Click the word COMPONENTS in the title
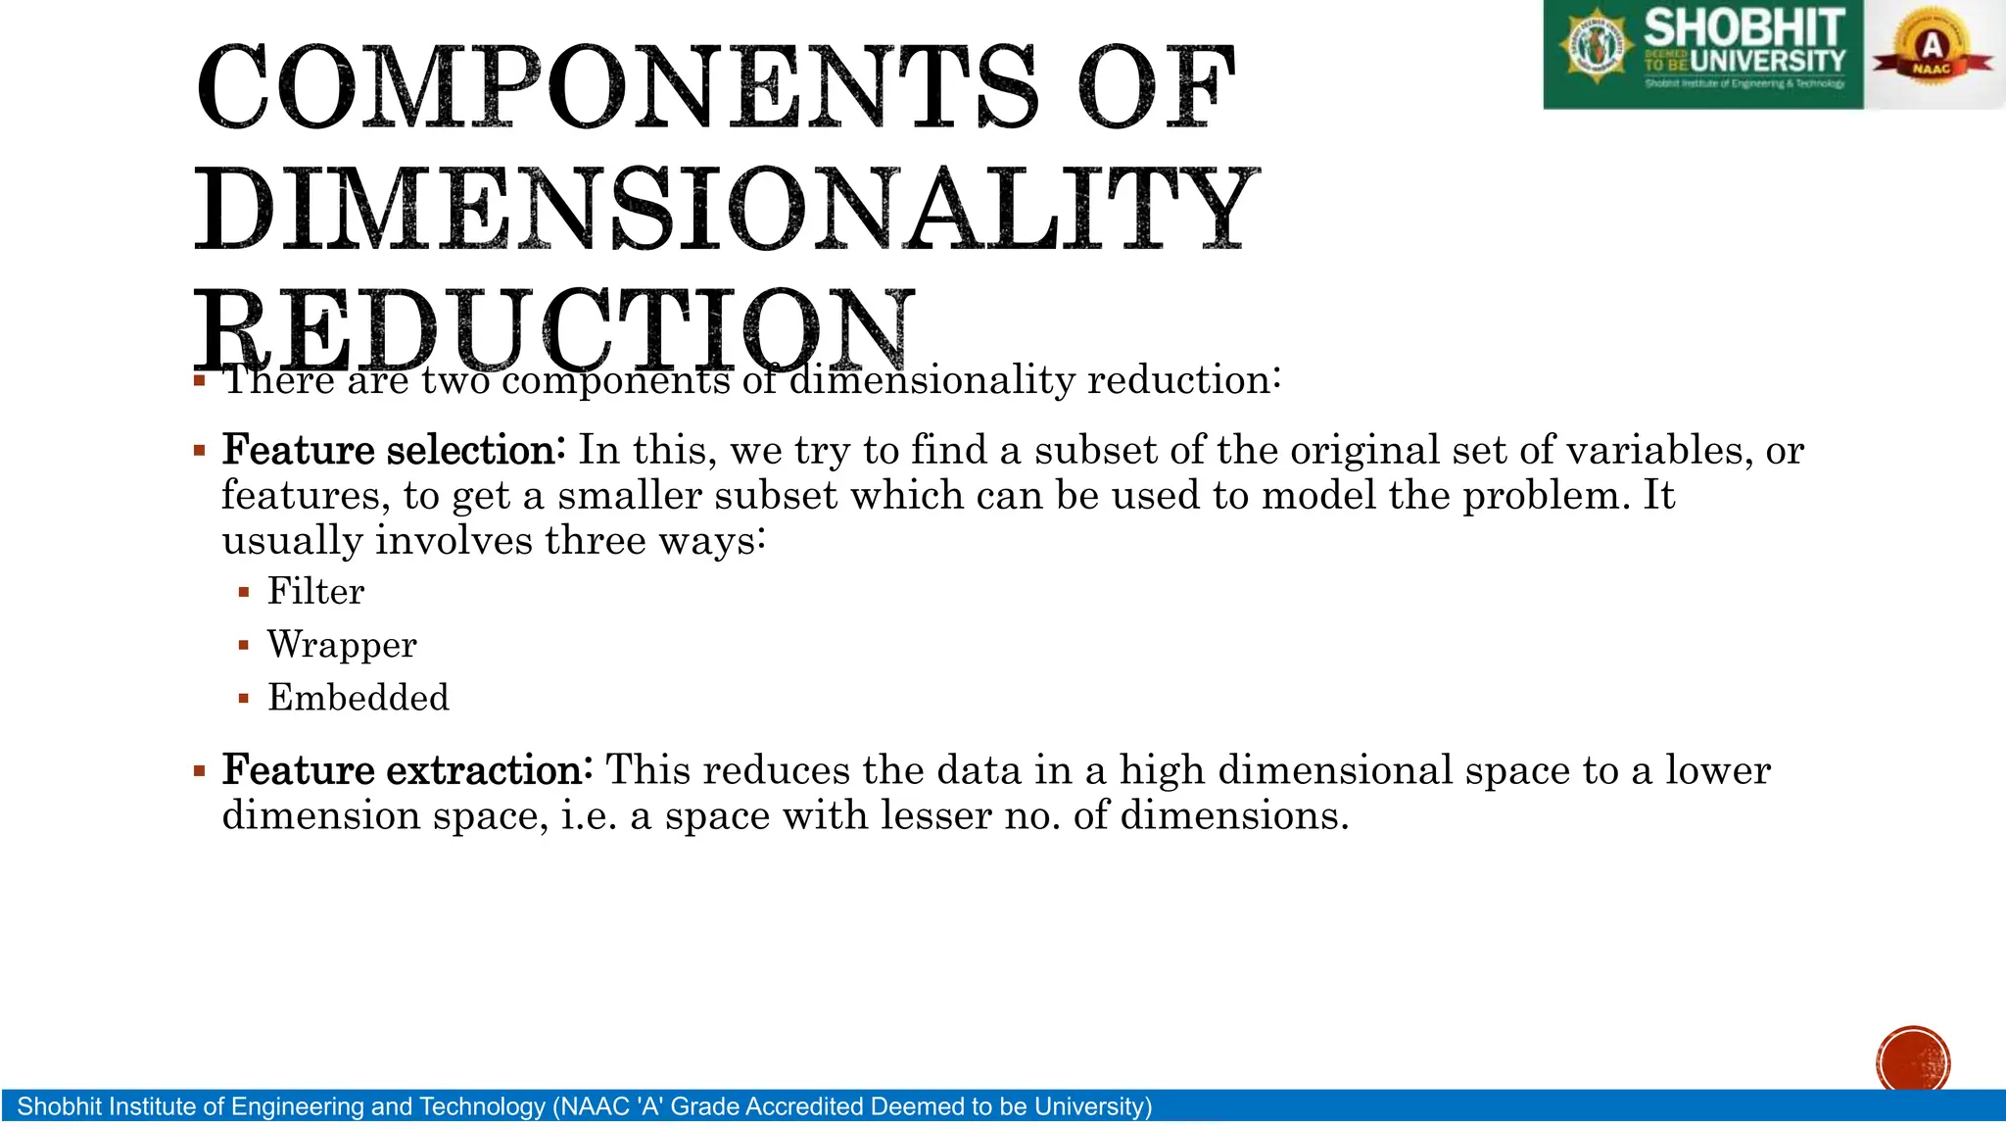point(617,88)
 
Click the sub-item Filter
point(315,592)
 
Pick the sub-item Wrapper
point(342,645)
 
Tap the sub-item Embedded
point(358,698)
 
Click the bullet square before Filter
point(244,592)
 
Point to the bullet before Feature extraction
point(200,771)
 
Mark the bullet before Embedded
point(244,699)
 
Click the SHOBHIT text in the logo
point(1743,27)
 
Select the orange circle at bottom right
point(1913,1060)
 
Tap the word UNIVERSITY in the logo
point(1767,62)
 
